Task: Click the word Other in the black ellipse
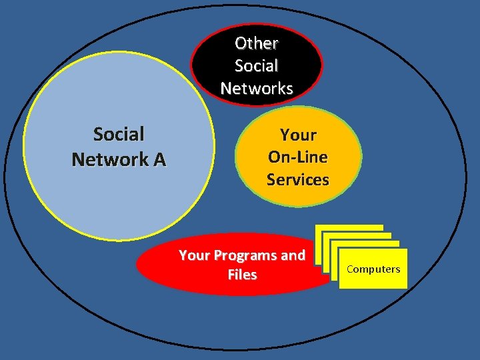pyautogui.click(x=257, y=43)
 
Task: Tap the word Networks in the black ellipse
pyautogui.click(x=257, y=88)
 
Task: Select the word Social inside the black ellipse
pyautogui.click(x=257, y=66)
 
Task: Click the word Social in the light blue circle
pyautogui.click(x=119, y=135)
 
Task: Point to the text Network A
pyautogui.click(x=119, y=160)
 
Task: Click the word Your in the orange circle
pyautogui.click(x=298, y=135)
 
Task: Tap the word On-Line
pyautogui.click(x=298, y=157)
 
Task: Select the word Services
pyautogui.click(x=298, y=179)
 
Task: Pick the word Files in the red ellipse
pyautogui.click(x=242, y=275)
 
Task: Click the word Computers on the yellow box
pyautogui.click(x=373, y=269)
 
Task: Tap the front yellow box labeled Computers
pyautogui.click(x=373, y=280)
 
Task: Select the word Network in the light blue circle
pyautogui.click(x=110, y=160)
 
